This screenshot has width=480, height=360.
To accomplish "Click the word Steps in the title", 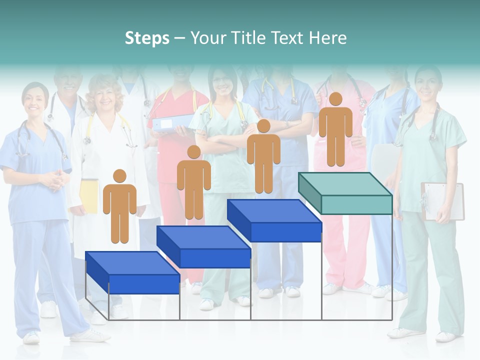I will [147, 38].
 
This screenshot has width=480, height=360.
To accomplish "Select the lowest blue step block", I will [133, 272].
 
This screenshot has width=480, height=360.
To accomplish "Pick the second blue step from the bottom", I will [204, 247].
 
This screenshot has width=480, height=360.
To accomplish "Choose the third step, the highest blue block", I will [274, 220].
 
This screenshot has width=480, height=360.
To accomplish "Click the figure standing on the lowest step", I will [119, 205].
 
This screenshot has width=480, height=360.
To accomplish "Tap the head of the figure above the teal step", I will [335, 99].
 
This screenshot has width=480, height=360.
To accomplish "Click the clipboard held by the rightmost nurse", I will [443, 200].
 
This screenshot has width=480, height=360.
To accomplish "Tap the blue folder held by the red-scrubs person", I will [172, 122].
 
